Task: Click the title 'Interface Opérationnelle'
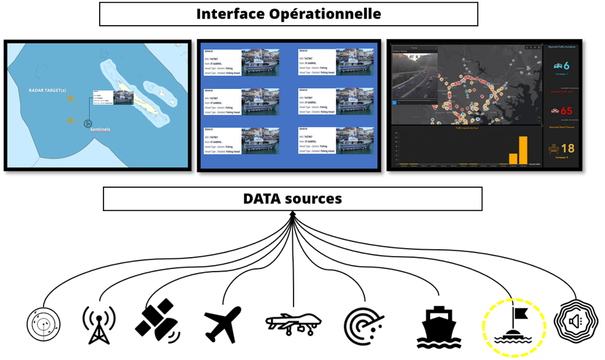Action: (288, 14)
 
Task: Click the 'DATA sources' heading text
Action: (292, 198)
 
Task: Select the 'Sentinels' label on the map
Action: (100, 130)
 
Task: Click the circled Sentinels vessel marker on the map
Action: (86, 123)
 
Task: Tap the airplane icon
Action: (222, 324)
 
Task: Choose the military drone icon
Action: (293, 323)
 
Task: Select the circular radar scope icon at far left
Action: (44, 325)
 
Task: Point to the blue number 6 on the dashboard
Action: (567, 65)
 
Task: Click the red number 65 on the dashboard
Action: (566, 111)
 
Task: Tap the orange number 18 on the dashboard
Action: (566, 148)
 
